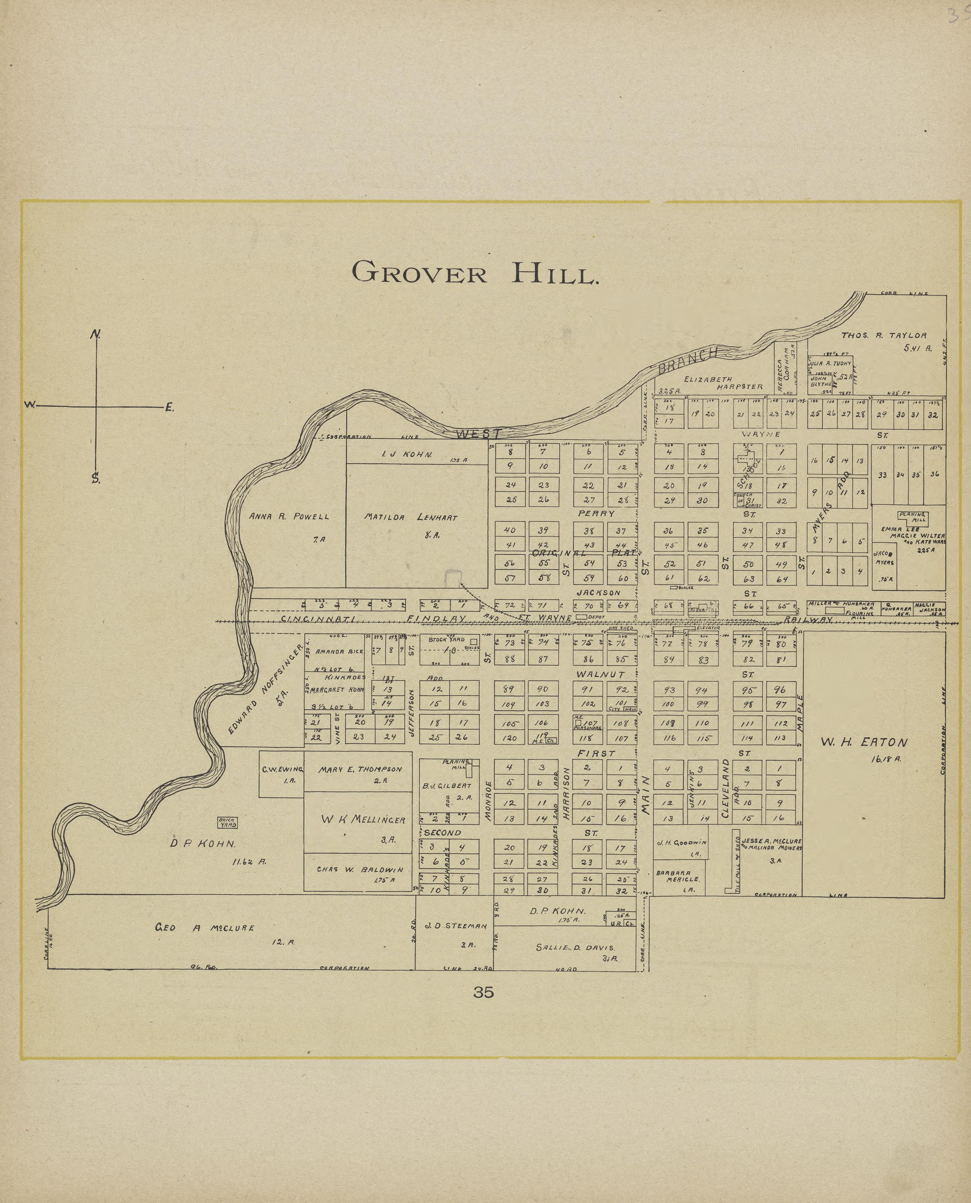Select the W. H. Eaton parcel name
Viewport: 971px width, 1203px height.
864,742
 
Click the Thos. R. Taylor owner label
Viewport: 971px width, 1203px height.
884,336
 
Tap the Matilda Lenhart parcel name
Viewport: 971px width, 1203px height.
411,517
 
